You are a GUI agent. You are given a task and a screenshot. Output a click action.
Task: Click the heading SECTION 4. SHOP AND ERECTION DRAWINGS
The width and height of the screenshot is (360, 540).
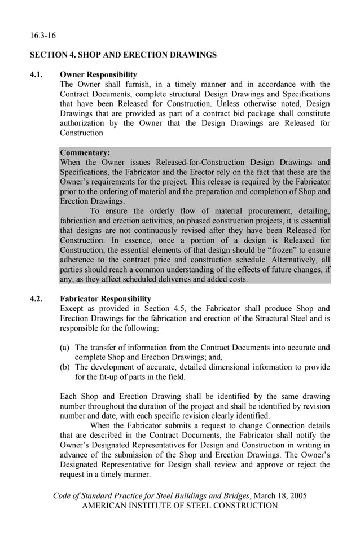point(123,55)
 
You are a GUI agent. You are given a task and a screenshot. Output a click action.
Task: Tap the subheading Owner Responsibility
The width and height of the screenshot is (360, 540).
point(98,74)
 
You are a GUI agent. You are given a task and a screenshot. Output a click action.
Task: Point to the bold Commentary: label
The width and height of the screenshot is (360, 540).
point(85,152)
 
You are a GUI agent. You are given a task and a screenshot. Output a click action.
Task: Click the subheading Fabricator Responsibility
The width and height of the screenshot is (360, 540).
point(105,298)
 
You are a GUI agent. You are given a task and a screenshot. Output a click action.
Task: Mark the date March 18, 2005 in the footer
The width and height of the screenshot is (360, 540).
point(280,496)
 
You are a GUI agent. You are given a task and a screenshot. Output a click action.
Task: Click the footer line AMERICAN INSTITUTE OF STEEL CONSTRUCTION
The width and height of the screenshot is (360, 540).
point(180,506)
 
